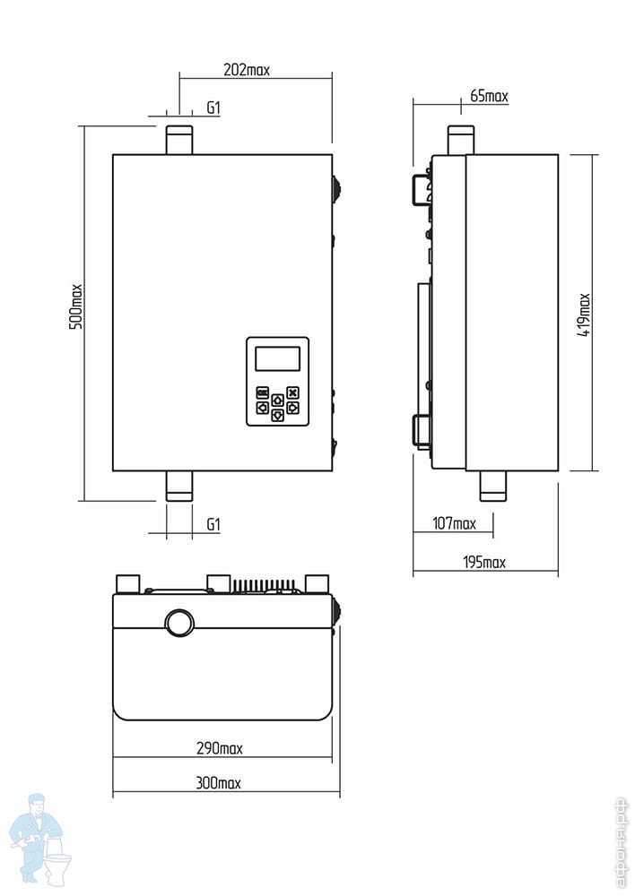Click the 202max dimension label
coord(247,70)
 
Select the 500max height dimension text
coord(75,306)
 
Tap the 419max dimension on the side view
coord(584,314)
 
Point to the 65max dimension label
coord(489,96)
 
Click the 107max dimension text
coord(454,523)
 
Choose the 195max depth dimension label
coord(484,563)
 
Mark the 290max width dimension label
coord(220,748)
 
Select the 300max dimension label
coord(219,782)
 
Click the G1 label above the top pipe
coord(213,108)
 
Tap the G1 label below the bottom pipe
coord(213,524)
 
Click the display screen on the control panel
coord(277,359)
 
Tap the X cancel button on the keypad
coord(292,392)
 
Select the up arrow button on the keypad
coord(277,400)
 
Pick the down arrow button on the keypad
coord(277,415)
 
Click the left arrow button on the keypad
coord(263,408)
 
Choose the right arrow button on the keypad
coord(292,408)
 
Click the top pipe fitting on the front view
coord(179,140)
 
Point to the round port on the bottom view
coord(179,624)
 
